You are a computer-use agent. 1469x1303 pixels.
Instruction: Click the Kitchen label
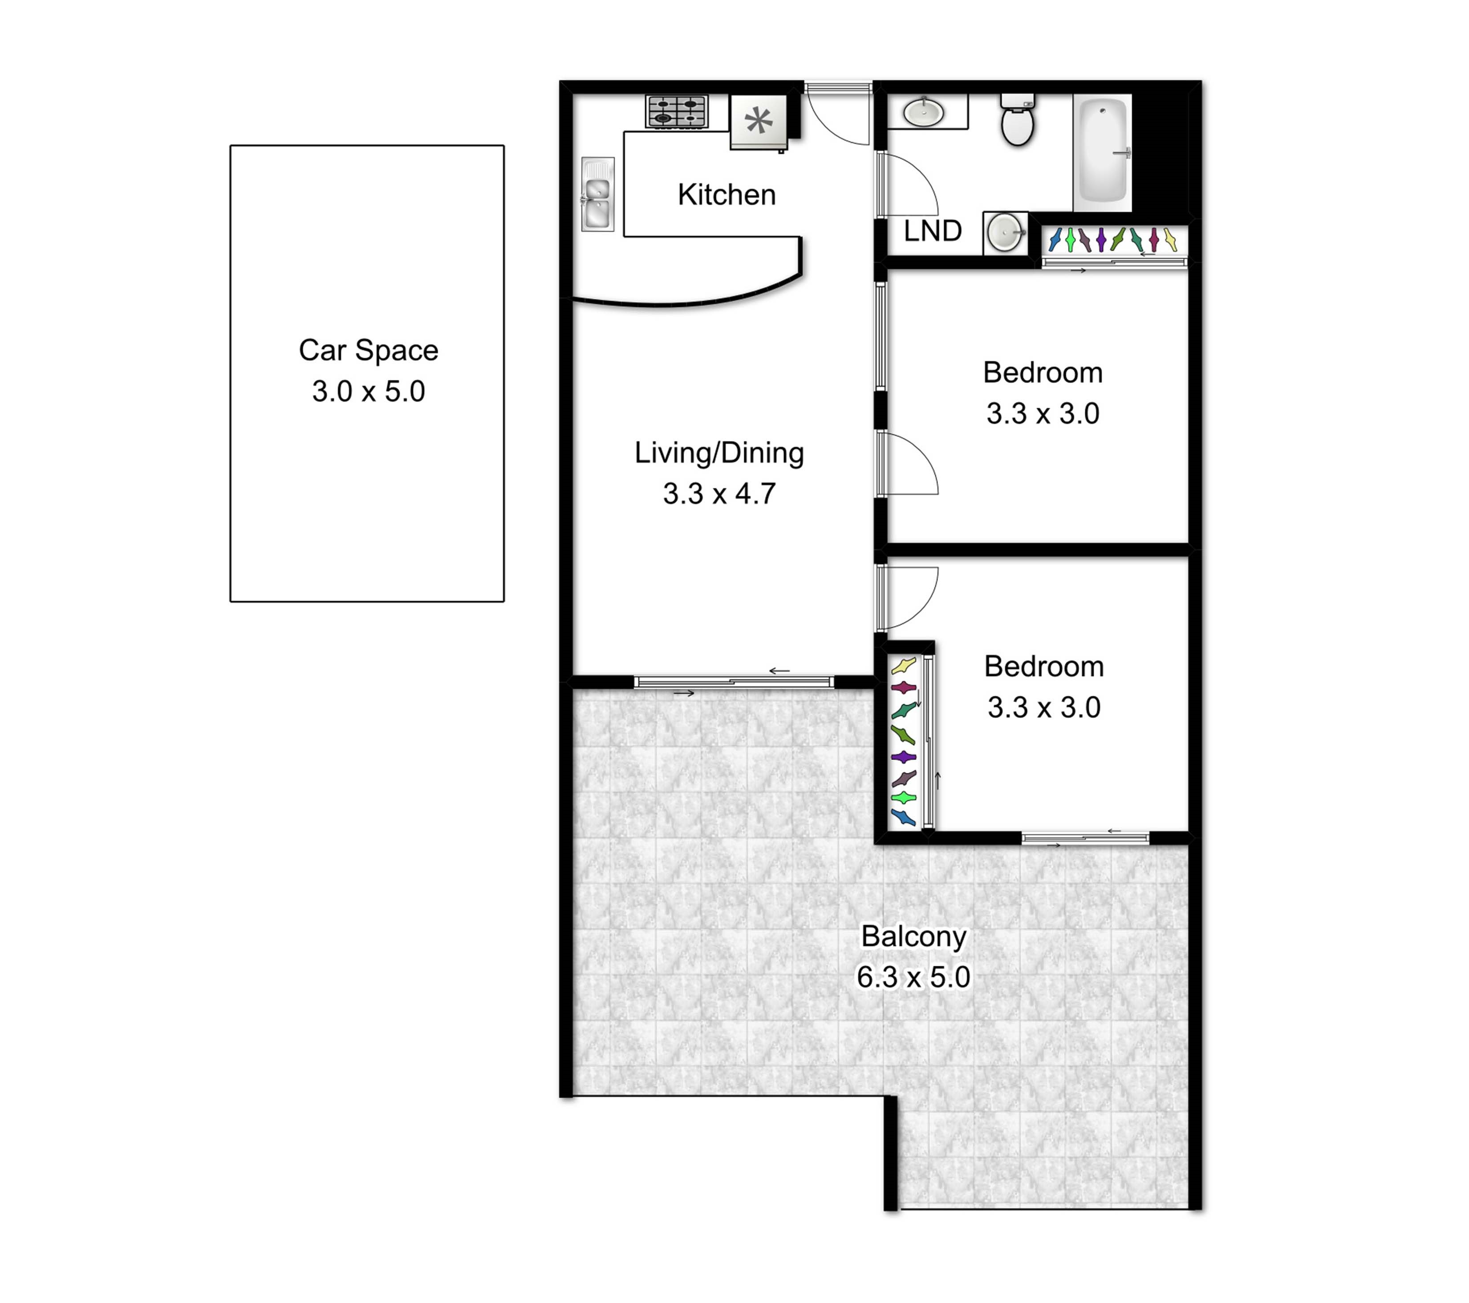coord(726,195)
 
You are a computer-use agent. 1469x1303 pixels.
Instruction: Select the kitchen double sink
coord(597,194)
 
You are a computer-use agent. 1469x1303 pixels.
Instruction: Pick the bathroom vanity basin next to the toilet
coord(924,112)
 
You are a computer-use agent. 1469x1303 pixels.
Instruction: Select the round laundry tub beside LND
coord(1006,232)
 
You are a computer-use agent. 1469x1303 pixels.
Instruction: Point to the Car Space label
coord(369,350)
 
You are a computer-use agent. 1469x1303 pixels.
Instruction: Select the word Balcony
coord(913,936)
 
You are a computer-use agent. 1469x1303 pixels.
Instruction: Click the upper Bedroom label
coord(1043,372)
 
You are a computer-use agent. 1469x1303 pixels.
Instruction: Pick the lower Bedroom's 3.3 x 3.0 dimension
coord(1043,707)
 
